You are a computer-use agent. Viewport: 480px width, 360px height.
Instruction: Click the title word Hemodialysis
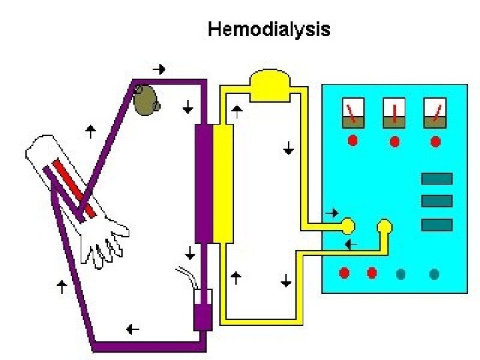point(269,29)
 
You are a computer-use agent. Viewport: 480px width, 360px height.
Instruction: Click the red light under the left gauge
point(353,141)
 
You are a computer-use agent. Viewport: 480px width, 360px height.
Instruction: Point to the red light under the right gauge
point(435,141)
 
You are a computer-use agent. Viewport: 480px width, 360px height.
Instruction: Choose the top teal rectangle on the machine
point(437,179)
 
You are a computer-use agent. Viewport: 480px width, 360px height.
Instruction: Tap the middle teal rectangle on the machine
point(437,201)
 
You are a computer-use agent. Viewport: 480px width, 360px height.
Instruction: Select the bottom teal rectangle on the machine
point(437,225)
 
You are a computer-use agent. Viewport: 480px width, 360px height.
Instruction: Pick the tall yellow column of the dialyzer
point(223,183)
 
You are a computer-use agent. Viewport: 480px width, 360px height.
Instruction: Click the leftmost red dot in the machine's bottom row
point(345,273)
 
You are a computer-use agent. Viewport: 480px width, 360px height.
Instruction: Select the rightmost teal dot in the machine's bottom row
point(434,273)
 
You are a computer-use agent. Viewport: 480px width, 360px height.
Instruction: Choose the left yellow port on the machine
point(347,225)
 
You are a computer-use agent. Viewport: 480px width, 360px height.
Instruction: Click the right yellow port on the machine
point(384,227)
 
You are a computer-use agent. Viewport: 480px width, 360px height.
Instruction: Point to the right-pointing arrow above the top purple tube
point(159,69)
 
